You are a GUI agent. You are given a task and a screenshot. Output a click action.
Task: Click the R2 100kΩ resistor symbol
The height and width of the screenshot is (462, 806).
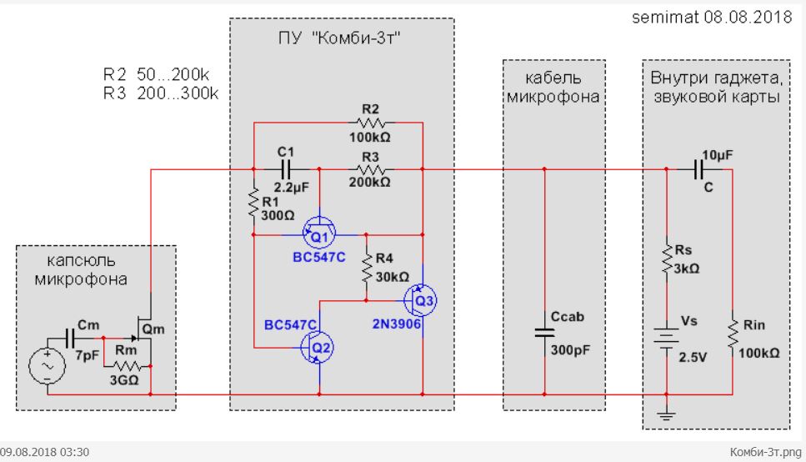pos(369,123)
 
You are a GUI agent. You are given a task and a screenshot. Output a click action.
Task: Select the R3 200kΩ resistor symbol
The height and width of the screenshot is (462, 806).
pos(369,169)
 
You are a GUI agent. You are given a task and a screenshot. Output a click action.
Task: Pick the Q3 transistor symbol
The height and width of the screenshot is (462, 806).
pos(421,299)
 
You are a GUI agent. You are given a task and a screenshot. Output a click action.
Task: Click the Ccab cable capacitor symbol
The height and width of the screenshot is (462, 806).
pos(544,332)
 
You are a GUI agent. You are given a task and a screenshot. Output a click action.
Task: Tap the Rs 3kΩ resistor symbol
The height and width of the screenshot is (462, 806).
pos(667,258)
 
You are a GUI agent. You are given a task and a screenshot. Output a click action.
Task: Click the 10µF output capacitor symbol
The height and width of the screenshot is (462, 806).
pos(699,169)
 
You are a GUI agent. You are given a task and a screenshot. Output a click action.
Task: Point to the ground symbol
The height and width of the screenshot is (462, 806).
pos(667,410)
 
